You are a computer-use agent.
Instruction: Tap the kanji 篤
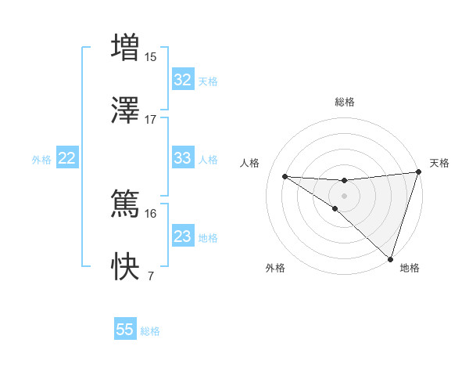pyautogui.click(x=126, y=204)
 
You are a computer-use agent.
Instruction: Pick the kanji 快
pyautogui.click(x=126, y=267)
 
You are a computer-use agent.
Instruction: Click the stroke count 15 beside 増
pyautogui.click(x=151, y=56)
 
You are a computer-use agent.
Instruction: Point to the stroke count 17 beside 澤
pyautogui.click(x=151, y=119)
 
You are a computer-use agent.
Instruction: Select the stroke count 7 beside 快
pyautogui.click(x=150, y=276)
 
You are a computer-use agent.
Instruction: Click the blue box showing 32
pyautogui.click(x=182, y=80)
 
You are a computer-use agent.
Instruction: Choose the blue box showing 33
pyautogui.click(x=182, y=158)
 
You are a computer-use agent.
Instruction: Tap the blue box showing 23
pyautogui.click(x=182, y=236)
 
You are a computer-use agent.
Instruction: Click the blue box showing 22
pyautogui.click(x=67, y=158)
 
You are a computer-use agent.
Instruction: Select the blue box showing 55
pyautogui.click(x=125, y=330)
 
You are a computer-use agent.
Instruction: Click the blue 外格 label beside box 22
pyautogui.click(x=41, y=159)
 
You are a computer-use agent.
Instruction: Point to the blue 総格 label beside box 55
pyautogui.click(x=150, y=331)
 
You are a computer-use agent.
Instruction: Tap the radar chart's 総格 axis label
pyautogui.click(x=344, y=102)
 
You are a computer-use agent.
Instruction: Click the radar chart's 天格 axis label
pyautogui.click(x=439, y=163)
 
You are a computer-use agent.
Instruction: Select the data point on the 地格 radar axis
pyautogui.click(x=391, y=258)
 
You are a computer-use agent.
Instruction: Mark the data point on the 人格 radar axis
pyautogui.click(x=285, y=176)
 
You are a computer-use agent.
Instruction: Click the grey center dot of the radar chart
pyautogui.click(x=344, y=195)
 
